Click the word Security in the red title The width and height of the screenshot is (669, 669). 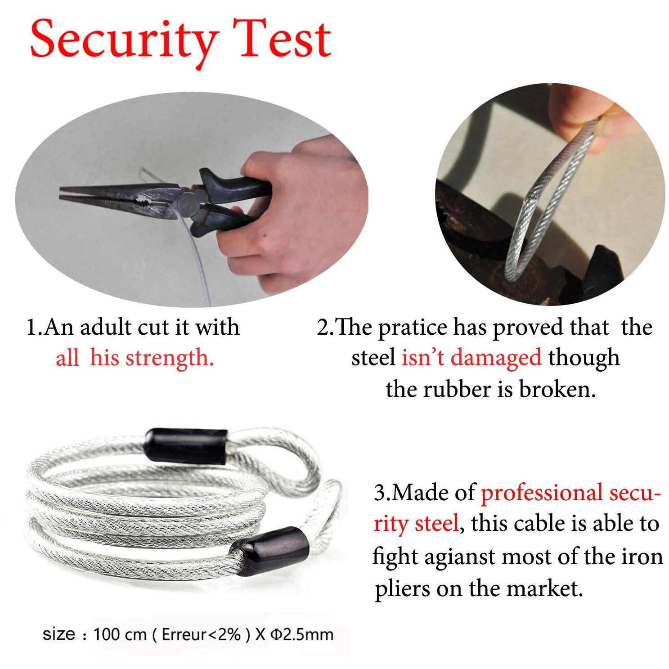pos(122,41)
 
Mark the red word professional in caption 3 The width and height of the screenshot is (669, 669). pos(542,494)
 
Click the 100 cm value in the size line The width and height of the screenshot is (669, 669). pos(120,635)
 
